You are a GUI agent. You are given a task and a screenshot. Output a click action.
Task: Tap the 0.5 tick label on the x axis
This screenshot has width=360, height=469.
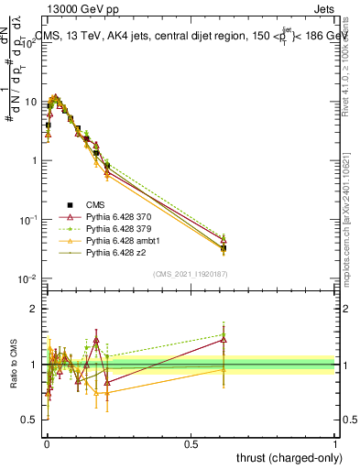pyautogui.click(x=190, y=443)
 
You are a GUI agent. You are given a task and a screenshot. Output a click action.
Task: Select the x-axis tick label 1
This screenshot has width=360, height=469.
pyautogui.click(x=334, y=443)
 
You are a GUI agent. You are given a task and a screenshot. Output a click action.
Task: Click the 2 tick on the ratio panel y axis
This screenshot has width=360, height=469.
pyautogui.click(x=33, y=309)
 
